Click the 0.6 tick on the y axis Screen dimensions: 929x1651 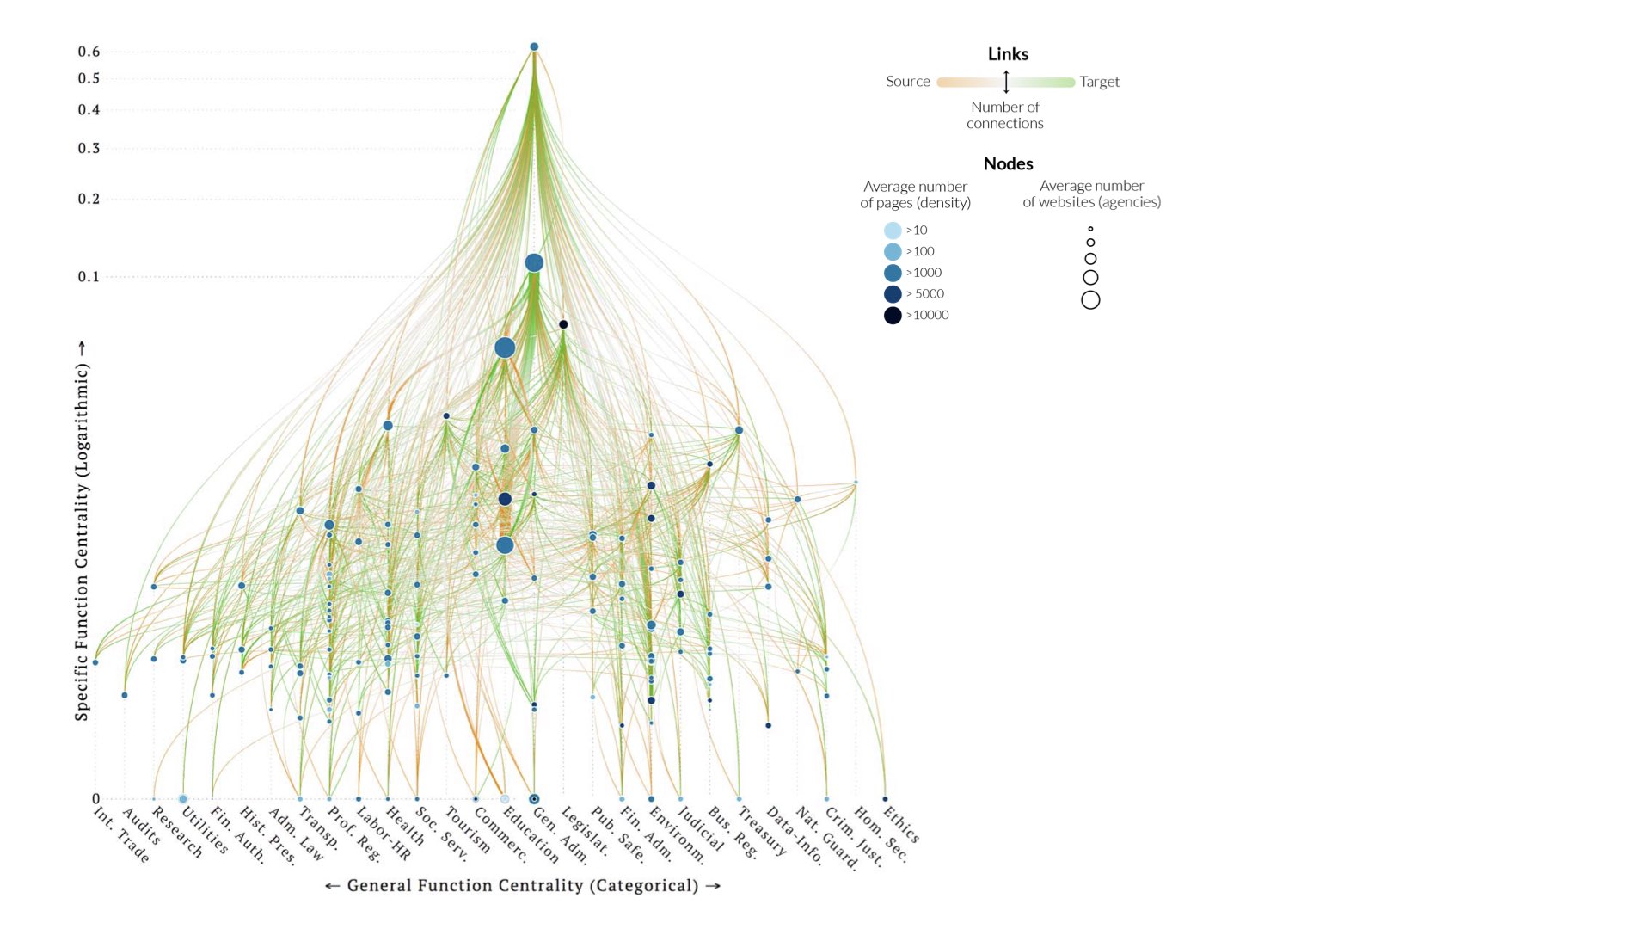point(89,52)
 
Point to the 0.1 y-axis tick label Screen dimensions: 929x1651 point(89,277)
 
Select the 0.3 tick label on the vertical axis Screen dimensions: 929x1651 point(89,149)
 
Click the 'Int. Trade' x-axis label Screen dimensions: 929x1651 point(121,835)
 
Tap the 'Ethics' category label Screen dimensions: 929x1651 point(901,824)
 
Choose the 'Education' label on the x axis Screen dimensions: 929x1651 point(531,835)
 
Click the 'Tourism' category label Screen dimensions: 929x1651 point(467,831)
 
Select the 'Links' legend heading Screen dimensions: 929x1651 point(1008,54)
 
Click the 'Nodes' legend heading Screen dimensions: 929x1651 point(1008,163)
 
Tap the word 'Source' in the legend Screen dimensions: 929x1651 point(908,82)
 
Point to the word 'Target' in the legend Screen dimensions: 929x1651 point(1100,82)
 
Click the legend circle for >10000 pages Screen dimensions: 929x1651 point(893,316)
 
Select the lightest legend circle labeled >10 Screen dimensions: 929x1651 point(893,231)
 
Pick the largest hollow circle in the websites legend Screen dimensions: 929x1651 point(1090,300)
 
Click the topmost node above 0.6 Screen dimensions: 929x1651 point(534,46)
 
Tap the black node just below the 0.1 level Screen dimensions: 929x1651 point(563,324)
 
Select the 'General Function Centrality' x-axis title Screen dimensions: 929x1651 point(523,886)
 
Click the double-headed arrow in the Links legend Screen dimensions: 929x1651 point(1006,83)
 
